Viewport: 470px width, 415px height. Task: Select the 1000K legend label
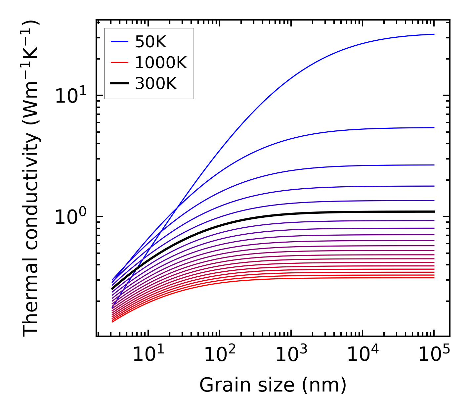pos(161,63)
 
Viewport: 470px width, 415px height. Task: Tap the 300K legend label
pos(156,84)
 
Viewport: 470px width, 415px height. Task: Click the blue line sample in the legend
pos(119,42)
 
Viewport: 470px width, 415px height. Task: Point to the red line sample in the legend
pos(119,63)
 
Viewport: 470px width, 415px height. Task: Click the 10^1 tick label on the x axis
pos(148,355)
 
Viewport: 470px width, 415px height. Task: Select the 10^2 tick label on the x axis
pos(220,355)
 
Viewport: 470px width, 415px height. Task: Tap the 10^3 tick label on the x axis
pos(291,355)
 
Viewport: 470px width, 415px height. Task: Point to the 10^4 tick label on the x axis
pos(363,355)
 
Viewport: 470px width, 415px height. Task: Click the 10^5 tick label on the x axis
pos(434,355)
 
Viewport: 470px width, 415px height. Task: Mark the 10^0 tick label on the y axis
pos(71,217)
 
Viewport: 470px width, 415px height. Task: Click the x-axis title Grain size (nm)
pos(273,385)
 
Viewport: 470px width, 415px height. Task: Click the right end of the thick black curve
pos(434,211)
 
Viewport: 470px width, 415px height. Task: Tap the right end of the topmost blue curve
pos(434,34)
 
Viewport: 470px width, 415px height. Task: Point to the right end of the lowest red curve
pos(434,277)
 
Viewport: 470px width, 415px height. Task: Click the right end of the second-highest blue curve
pos(434,127)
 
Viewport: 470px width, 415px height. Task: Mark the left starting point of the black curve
pos(112,289)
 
